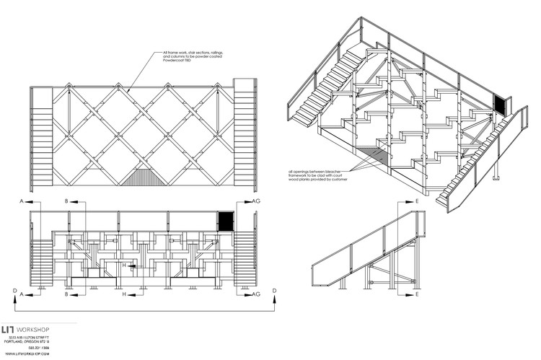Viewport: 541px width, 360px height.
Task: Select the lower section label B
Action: [x=66, y=295]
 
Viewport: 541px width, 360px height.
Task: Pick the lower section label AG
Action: [x=258, y=295]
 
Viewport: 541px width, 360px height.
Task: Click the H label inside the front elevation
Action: [x=124, y=265]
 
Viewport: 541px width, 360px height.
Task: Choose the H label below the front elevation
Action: [x=124, y=295]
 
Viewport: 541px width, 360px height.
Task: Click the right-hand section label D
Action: [x=275, y=291]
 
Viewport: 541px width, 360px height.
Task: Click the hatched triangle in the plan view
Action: [x=141, y=177]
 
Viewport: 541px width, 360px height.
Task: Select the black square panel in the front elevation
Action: [x=226, y=220]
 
